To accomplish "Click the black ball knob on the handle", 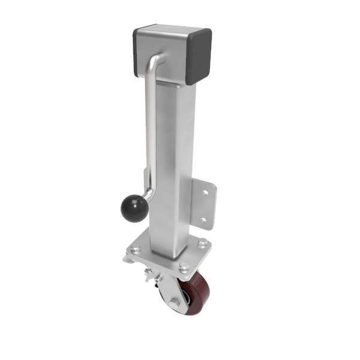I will tap(133, 208).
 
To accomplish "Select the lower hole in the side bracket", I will tap(203, 220).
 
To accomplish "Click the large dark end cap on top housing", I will tap(200, 54).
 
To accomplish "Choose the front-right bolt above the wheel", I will tap(182, 269).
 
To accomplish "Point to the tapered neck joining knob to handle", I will tap(147, 197).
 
